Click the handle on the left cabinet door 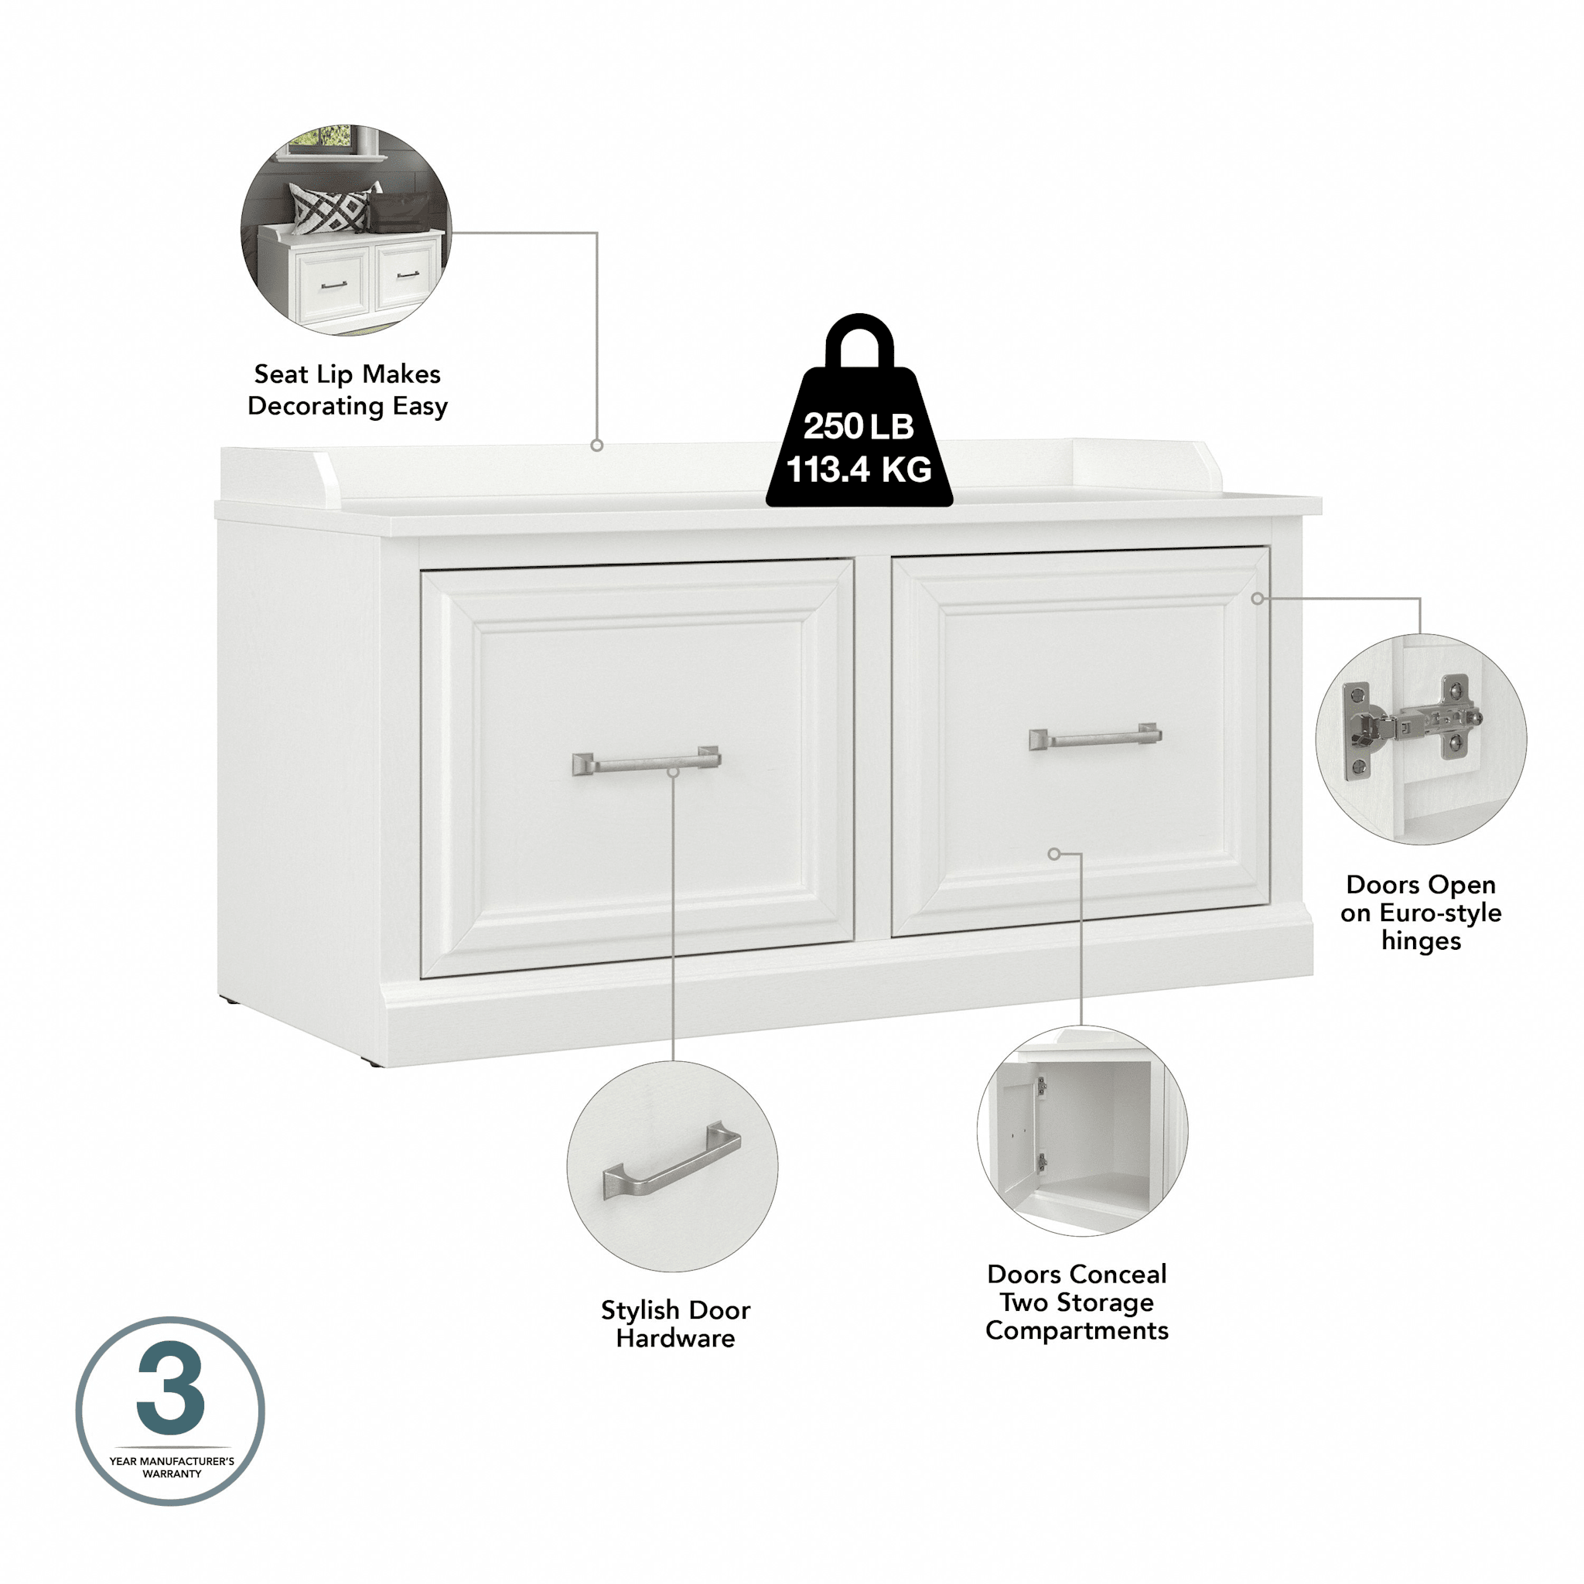pyautogui.click(x=646, y=762)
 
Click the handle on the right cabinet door pyautogui.click(x=1095, y=738)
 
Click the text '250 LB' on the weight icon pyautogui.click(x=859, y=426)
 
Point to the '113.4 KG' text pyautogui.click(x=859, y=469)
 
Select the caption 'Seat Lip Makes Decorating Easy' pyautogui.click(x=347, y=391)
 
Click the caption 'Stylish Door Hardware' pyautogui.click(x=674, y=1324)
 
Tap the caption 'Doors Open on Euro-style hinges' pyautogui.click(x=1421, y=913)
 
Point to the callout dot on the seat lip pyautogui.click(x=597, y=445)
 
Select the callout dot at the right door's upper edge pyautogui.click(x=1257, y=599)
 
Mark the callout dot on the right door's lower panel pyautogui.click(x=1053, y=855)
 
